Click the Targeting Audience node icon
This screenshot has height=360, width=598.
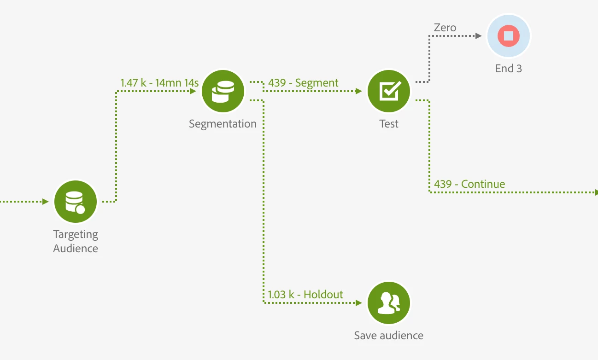(76, 202)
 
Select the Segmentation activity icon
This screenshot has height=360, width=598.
(223, 91)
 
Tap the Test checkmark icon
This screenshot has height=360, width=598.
(389, 91)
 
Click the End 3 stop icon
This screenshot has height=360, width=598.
(509, 35)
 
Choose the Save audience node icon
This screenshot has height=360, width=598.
(389, 303)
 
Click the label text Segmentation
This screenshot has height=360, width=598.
(223, 124)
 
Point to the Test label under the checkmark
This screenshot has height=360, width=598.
(389, 124)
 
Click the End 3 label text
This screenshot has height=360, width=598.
(509, 69)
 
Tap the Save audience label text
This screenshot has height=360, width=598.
(389, 336)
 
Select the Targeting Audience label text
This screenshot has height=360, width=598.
(76, 241)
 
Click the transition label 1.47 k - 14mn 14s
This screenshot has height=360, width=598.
(159, 83)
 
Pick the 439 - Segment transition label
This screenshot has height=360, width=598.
(303, 83)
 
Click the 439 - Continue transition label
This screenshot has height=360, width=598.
(469, 184)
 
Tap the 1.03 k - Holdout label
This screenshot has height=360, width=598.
(305, 295)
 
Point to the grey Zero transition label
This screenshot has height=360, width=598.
(445, 28)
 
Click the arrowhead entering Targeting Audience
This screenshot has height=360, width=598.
(46, 202)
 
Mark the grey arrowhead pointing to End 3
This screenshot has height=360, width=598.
(479, 35)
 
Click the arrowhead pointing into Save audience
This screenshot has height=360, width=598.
(359, 303)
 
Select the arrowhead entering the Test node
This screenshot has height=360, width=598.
(359, 91)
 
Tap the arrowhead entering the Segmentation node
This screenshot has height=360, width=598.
(193, 91)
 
